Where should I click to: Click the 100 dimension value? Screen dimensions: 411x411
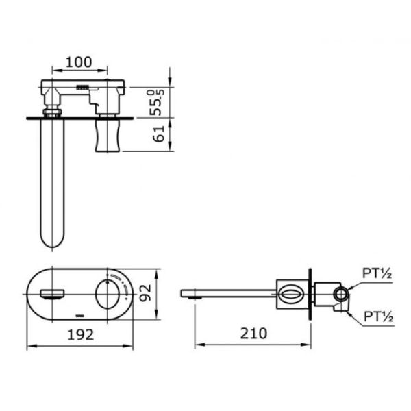point(80,60)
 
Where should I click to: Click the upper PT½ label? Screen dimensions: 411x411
point(377,275)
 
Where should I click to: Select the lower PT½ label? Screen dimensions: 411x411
point(377,316)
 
